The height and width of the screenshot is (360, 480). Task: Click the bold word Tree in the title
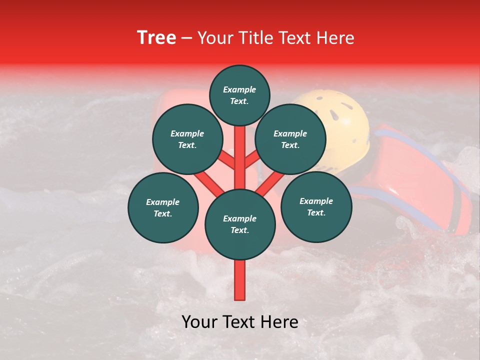[x=156, y=38]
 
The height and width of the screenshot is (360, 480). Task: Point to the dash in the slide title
[x=187, y=39]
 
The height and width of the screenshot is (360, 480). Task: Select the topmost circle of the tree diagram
[x=239, y=95]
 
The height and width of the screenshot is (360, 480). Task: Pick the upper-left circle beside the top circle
[x=187, y=139]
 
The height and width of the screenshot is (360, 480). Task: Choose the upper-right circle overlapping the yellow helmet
[x=290, y=139]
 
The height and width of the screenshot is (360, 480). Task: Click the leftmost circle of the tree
[x=163, y=207]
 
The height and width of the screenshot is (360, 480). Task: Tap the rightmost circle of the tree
[x=316, y=206]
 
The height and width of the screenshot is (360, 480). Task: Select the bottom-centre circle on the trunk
[x=240, y=224]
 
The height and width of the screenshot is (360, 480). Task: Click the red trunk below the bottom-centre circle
[x=240, y=280]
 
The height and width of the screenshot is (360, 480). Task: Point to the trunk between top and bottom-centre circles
[x=240, y=157]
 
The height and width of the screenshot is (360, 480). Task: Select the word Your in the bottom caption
[x=199, y=322]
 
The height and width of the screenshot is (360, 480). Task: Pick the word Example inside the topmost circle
[x=239, y=89]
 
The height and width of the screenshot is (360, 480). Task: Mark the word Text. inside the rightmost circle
[x=316, y=212]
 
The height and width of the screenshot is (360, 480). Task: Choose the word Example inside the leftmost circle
[x=163, y=202]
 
